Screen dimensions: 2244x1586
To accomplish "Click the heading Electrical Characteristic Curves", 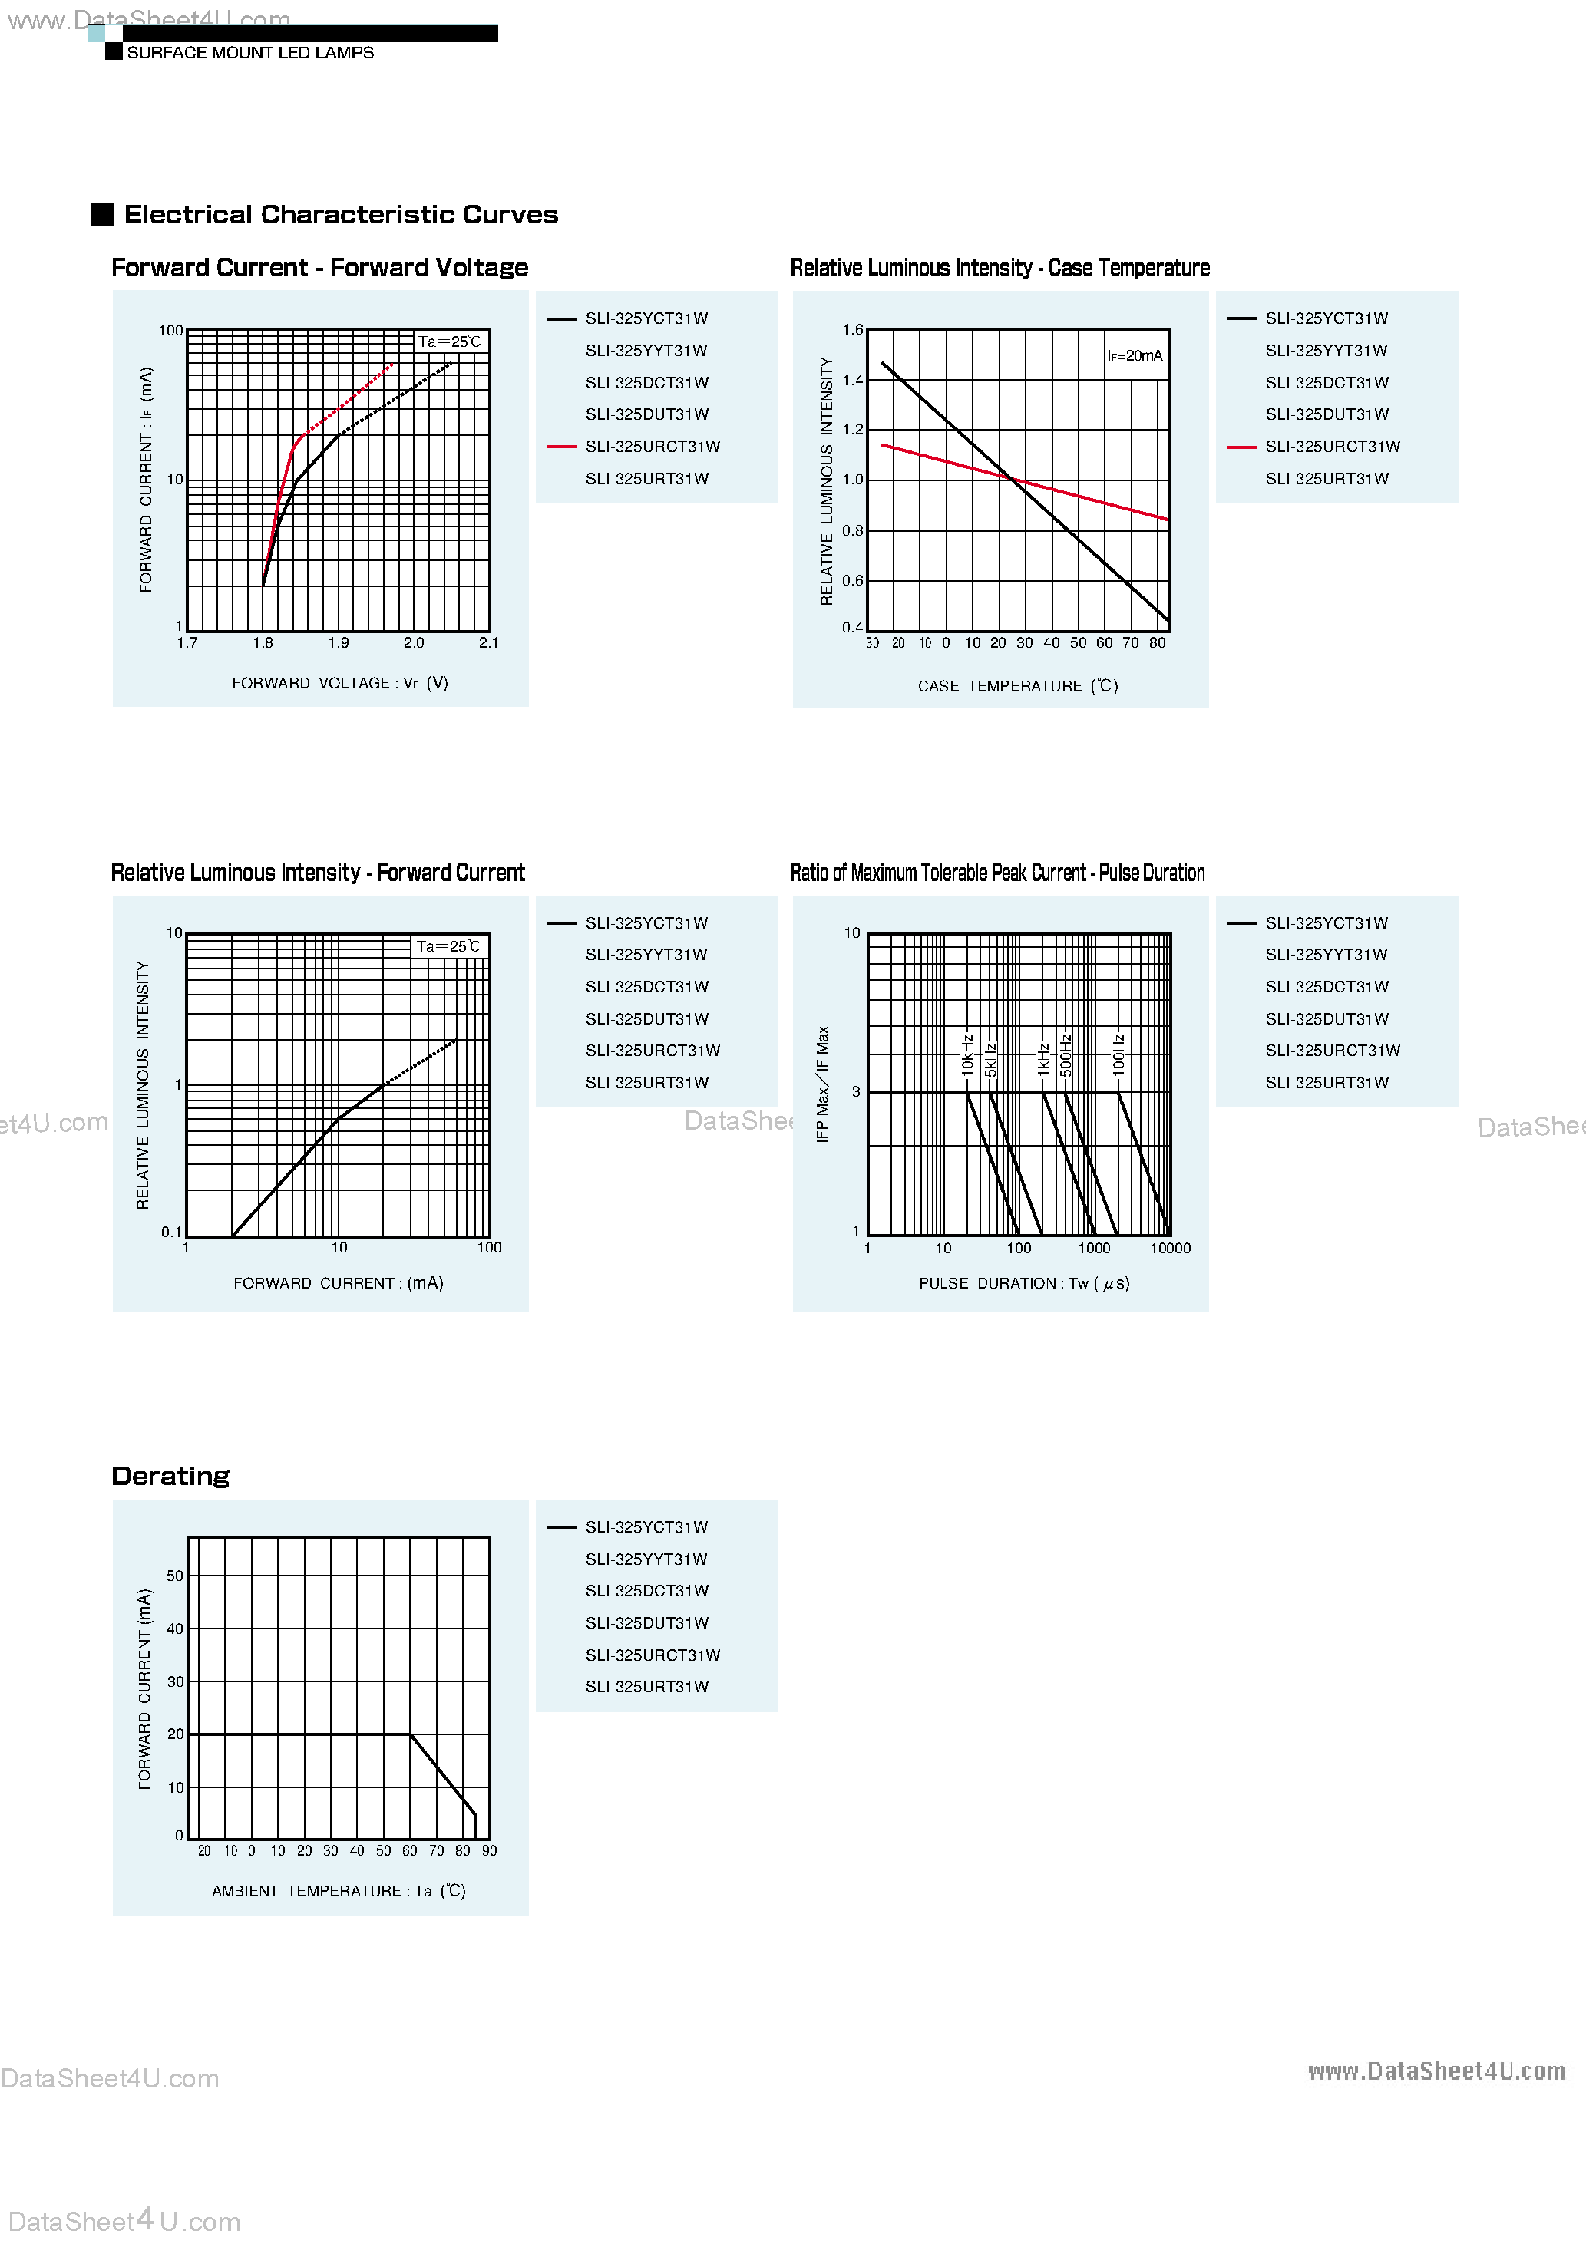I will point(340,215).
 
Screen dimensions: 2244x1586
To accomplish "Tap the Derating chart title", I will point(170,1476).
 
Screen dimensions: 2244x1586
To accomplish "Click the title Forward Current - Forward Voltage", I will point(320,268).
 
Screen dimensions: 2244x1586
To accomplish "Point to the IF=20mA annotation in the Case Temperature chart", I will point(1135,356).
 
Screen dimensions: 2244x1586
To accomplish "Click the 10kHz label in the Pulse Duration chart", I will point(967,1054).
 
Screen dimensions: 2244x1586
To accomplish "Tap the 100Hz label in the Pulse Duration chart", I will point(1118,1054).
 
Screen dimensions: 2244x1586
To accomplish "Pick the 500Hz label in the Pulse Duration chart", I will point(1066,1054).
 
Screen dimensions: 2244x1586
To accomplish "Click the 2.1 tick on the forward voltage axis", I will point(489,643).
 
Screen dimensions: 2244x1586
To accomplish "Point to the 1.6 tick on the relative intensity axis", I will point(853,330).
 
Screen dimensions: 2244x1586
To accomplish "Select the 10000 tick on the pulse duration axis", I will point(1171,1248).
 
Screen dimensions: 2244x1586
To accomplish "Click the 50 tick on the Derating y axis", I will point(175,1576).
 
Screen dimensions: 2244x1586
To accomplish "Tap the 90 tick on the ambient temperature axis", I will point(490,1851).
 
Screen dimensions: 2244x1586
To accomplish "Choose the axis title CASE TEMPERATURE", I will point(1017,686).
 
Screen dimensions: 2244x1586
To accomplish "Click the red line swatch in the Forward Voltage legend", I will point(561,447).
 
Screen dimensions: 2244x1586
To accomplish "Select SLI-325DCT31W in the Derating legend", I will point(647,1591).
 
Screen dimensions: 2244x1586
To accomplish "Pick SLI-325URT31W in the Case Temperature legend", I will point(1327,479).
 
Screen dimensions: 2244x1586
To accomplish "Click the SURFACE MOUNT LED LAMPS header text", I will point(250,53).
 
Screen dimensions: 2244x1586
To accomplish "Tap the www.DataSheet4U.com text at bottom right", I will point(1436,2071).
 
